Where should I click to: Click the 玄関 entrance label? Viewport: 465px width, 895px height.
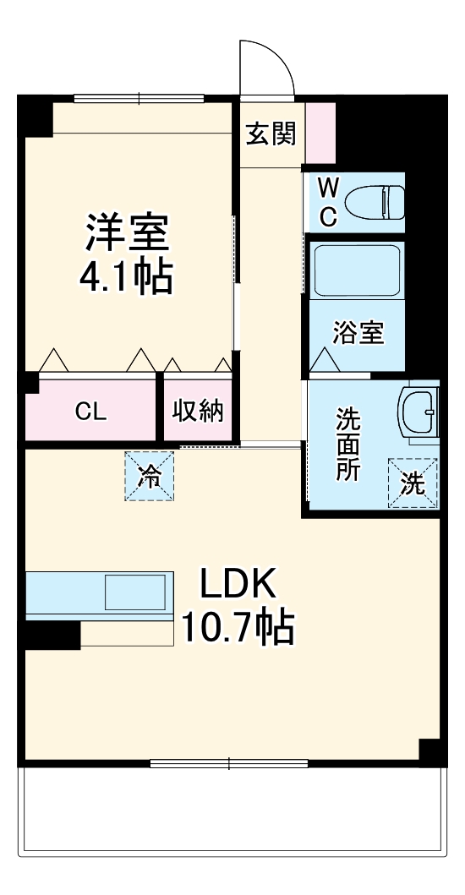click(x=271, y=134)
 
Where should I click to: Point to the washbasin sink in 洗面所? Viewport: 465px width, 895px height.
click(x=420, y=413)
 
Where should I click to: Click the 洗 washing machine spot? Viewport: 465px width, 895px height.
click(x=413, y=483)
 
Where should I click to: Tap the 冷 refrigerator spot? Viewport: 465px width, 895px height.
click(x=150, y=477)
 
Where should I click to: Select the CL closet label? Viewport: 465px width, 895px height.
click(x=90, y=412)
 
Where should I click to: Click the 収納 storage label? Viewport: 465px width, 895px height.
click(x=199, y=412)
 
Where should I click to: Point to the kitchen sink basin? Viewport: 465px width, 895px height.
click(x=135, y=592)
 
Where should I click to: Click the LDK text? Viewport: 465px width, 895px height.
click(x=238, y=585)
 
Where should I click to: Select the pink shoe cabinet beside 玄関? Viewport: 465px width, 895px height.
click(x=320, y=133)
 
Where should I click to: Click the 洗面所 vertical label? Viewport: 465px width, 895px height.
click(x=347, y=445)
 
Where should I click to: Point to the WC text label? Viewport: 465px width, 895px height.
click(x=328, y=202)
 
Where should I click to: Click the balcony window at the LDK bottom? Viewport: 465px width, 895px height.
click(x=228, y=764)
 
